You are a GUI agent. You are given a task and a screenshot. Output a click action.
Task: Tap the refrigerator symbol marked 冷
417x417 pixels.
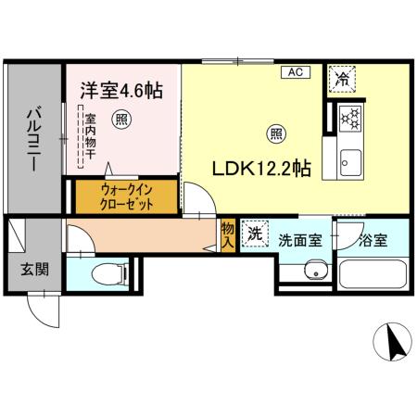(x=342, y=79)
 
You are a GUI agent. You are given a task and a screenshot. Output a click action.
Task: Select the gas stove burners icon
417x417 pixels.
(x=350, y=118)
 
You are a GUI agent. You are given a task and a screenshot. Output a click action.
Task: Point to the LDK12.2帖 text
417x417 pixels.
(x=263, y=170)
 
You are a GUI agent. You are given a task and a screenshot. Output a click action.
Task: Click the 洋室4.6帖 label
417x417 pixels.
(x=120, y=90)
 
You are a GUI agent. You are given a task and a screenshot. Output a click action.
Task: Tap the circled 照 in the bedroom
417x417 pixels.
(x=120, y=118)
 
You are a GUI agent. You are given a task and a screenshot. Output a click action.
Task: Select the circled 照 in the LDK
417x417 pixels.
(x=276, y=133)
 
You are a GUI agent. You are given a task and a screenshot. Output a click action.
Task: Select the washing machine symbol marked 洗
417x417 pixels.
(x=254, y=235)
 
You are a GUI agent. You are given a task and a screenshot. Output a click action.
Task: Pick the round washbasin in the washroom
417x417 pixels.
(x=315, y=272)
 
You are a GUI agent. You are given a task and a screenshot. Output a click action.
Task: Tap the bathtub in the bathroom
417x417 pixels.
(x=373, y=275)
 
